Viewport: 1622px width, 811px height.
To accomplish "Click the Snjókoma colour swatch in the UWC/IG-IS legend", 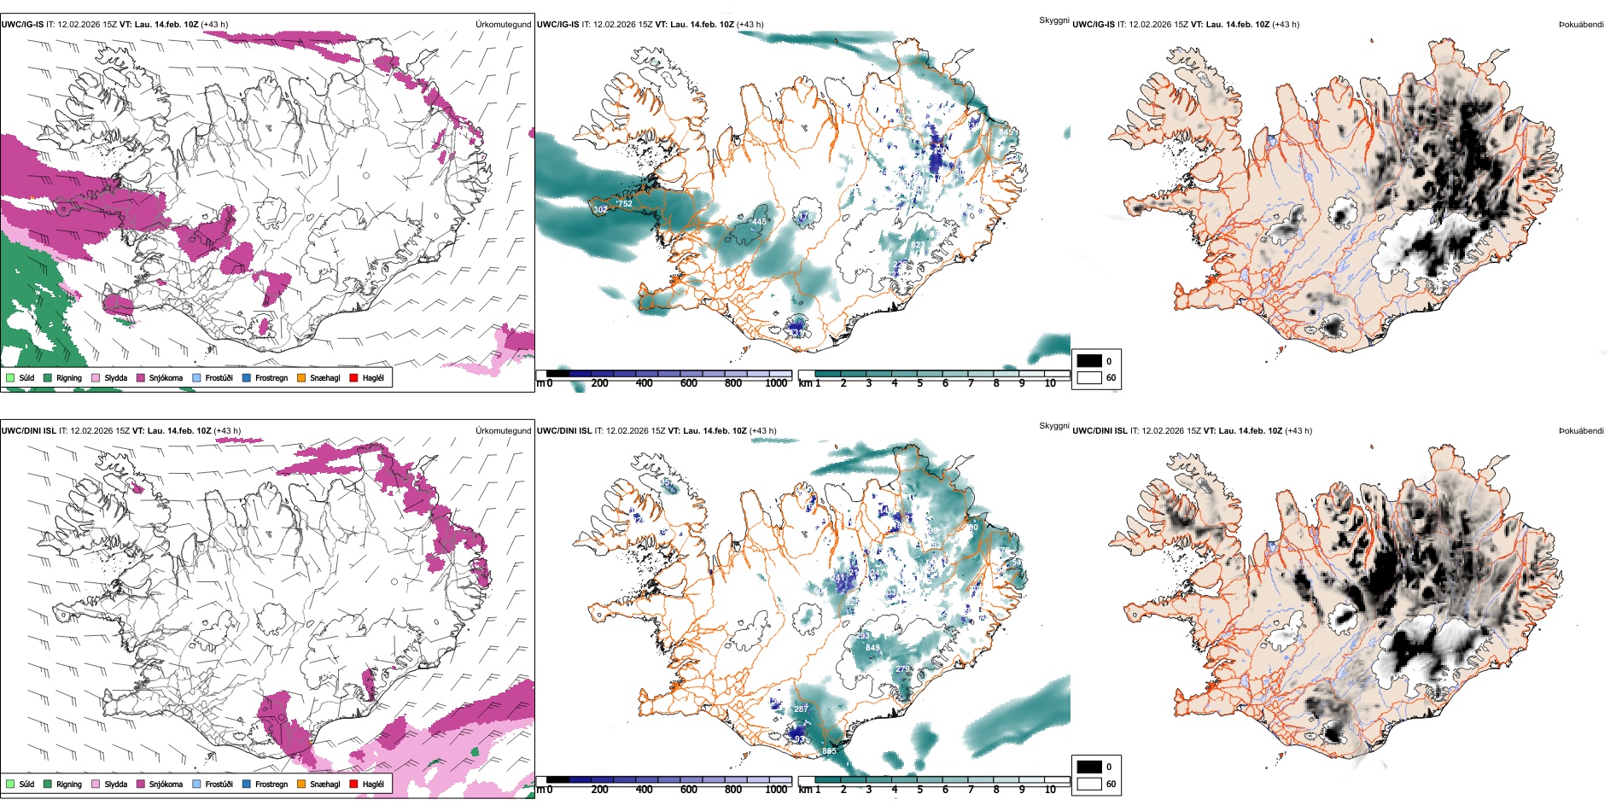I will (141, 377).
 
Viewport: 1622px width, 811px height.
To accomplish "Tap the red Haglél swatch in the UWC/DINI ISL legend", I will (353, 784).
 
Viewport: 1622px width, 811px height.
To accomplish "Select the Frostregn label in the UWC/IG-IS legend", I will (271, 377).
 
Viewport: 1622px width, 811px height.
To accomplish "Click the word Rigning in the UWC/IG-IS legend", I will (69, 377).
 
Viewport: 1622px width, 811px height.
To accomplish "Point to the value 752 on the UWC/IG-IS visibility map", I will (625, 203).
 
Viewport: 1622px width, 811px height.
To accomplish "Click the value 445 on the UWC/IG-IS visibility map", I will (759, 222).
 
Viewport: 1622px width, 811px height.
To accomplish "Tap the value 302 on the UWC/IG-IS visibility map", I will (600, 209).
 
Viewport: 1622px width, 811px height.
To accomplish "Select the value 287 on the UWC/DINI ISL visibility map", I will (801, 709).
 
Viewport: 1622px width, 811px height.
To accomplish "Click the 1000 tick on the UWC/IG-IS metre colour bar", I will (776, 383).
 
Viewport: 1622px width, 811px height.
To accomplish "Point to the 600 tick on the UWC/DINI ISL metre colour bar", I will (689, 790).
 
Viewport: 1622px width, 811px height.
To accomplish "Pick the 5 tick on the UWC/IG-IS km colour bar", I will (919, 383).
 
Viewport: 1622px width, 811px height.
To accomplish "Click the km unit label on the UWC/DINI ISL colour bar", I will (804, 790).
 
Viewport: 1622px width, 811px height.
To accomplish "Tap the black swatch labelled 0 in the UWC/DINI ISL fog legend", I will (1089, 767).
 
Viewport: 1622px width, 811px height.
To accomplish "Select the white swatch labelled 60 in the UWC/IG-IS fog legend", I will (1089, 377).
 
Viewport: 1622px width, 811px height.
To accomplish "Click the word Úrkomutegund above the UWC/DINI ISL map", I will (503, 430).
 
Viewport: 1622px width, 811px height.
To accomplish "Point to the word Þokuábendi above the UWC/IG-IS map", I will (1581, 24).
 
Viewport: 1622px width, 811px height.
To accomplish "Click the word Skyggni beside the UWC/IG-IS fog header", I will (1053, 20).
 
